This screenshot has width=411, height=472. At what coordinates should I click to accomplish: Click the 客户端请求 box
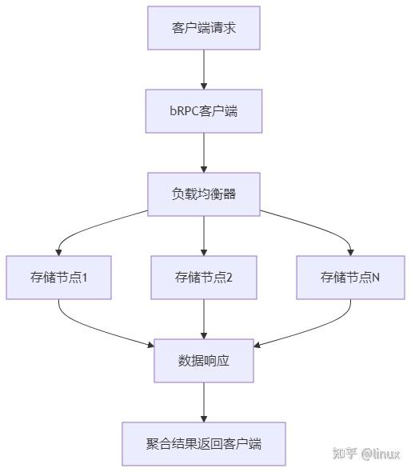click(x=204, y=28)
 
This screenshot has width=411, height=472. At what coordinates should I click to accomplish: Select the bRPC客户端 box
click(x=204, y=111)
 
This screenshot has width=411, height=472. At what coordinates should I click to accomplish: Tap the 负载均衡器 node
click(x=204, y=194)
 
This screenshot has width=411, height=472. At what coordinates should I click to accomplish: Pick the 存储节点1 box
click(x=58, y=278)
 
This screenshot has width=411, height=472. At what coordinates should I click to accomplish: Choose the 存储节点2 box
click(x=204, y=278)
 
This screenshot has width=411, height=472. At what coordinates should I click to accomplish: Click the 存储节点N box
click(x=350, y=278)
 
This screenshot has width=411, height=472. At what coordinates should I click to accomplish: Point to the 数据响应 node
click(x=204, y=361)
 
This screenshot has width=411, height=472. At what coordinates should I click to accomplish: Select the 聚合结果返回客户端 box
click(x=204, y=444)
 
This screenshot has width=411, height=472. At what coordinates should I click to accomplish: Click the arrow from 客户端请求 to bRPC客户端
click(x=204, y=70)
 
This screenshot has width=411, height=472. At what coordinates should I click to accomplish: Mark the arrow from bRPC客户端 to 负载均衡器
click(x=204, y=153)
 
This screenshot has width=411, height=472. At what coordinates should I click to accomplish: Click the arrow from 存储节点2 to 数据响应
click(x=204, y=319)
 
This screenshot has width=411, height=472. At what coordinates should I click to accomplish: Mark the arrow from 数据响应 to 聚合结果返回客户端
click(x=204, y=402)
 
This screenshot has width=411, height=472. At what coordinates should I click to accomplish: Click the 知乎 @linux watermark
click(x=367, y=454)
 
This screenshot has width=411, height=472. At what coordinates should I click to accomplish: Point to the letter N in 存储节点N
click(x=376, y=278)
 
